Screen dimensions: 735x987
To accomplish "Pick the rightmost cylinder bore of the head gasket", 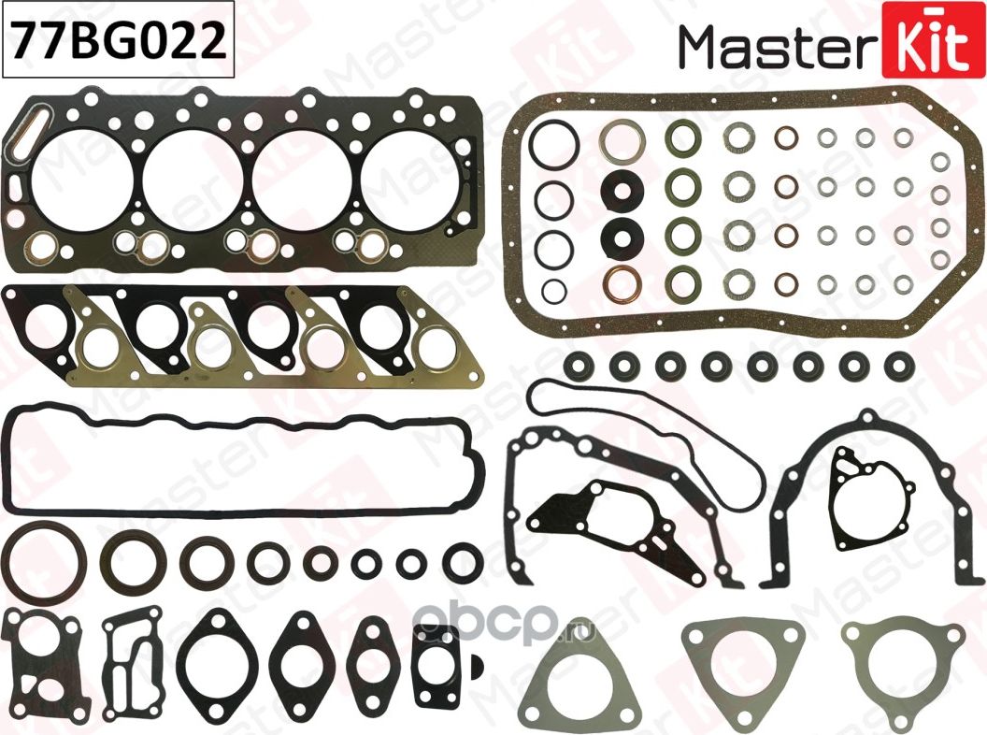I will pos(408,173).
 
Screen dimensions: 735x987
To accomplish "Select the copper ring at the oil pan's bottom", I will pos(617,281).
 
